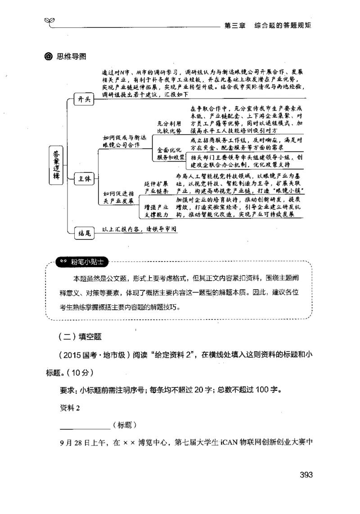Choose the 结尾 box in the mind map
coord(84,233)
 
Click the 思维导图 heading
coord(71,56)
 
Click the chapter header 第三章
coord(234,25)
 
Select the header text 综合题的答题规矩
coord(282,25)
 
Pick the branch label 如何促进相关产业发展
coord(118,197)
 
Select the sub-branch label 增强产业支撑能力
coord(157,211)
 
